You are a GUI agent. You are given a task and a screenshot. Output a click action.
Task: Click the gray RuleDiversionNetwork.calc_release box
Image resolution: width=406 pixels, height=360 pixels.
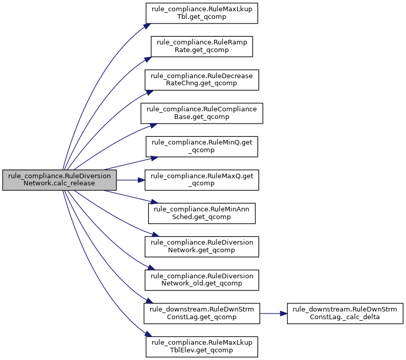(x=60, y=180)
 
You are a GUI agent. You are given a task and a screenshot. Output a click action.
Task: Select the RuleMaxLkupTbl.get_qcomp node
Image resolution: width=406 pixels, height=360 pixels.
(x=202, y=13)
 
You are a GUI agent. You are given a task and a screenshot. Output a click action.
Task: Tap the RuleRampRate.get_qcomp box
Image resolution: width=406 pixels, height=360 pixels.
(x=202, y=46)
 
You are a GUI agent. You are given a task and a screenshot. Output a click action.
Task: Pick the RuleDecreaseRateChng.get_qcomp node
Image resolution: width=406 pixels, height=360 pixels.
(x=202, y=80)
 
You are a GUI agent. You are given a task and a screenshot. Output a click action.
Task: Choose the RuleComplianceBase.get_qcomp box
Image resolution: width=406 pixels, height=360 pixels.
(x=202, y=113)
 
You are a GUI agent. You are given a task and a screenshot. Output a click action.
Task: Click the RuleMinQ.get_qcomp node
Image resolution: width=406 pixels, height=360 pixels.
(x=202, y=147)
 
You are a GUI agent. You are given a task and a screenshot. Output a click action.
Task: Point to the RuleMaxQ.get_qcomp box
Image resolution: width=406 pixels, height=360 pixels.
(x=202, y=180)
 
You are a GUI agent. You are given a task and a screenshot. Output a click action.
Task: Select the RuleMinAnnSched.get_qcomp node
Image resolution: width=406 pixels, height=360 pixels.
(x=202, y=213)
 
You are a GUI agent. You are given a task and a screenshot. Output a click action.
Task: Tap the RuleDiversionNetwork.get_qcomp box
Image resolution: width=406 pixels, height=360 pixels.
(x=202, y=247)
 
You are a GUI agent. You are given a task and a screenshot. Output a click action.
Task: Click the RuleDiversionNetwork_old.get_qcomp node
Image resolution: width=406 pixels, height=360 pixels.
(x=202, y=280)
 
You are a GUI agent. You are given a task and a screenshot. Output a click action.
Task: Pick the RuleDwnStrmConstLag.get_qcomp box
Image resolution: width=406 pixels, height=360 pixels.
(x=202, y=314)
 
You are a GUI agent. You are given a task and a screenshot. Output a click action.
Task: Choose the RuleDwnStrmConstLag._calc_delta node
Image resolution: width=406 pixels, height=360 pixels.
(x=345, y=314)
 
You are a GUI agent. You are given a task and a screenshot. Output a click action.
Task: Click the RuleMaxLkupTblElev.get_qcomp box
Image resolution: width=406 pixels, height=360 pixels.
(x=202, y=347)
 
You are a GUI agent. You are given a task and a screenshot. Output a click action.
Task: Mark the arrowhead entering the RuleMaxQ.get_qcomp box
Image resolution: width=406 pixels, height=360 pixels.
(x=141, y=180)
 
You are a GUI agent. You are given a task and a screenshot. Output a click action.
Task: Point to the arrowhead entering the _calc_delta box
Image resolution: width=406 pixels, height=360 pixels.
(x=284, y=314)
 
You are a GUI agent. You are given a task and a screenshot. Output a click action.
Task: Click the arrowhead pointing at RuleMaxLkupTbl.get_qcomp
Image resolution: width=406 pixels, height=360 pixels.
(x=147, y=26)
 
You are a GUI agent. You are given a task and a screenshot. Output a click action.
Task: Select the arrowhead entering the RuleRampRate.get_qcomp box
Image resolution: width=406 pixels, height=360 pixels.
(x=148, y=59)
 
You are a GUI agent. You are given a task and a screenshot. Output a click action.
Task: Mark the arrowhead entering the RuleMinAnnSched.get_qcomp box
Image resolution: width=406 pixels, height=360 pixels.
(x=154, y=202)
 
